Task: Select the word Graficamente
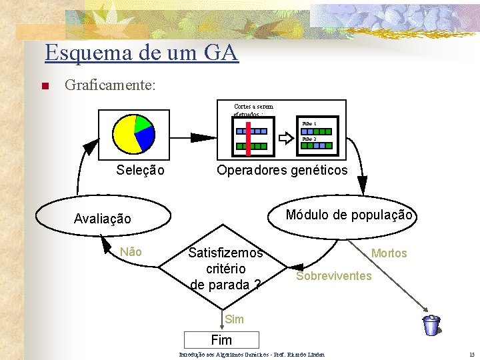[110, 85]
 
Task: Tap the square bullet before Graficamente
[44, 86]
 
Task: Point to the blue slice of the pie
[145, 137]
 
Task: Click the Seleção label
[140, 170]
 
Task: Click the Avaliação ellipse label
[103, 219]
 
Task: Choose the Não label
[131, 252]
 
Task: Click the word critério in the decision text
[226, 269]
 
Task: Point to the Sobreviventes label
[333, 276]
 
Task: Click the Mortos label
[389, 253]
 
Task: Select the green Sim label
[234, 319]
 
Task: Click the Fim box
[221, 340]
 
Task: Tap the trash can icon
[431, 325]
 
